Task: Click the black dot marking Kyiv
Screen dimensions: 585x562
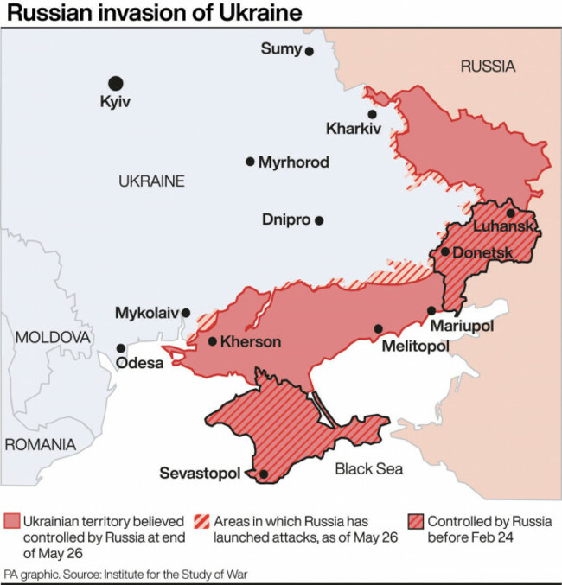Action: [115, 83]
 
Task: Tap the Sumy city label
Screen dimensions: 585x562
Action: [281, 49]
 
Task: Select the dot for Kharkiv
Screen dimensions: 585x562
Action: [372, 114]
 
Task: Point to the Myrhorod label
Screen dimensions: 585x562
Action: [293, 162]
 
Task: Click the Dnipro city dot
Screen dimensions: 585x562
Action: [319, 220]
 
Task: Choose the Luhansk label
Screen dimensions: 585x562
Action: [505, 226]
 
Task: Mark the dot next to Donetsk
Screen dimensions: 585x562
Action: [444, 251]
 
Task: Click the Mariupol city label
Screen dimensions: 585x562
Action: [463, 327]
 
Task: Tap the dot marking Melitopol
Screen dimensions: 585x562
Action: [378, 328]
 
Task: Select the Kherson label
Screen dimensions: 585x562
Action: [251, 342]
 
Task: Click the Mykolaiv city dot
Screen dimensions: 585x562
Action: [185, 313]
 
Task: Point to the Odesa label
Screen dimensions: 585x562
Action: [139, 363]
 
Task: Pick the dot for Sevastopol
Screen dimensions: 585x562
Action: [263, 474]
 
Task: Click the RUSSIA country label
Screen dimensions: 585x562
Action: [487, 67]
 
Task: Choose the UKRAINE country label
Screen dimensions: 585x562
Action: [151, 181]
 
